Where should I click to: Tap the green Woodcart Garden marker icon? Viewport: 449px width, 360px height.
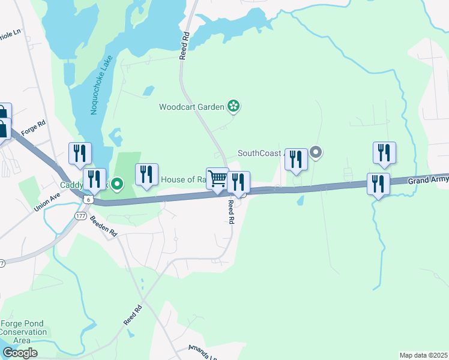tap(234, 107)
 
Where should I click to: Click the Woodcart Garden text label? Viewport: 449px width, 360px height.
tap(191, 107)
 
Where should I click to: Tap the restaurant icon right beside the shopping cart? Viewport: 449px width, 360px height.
tap(238, 182)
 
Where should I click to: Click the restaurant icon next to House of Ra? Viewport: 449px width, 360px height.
tap(146, 175)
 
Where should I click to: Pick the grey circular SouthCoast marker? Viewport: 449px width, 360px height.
tap(316, 152)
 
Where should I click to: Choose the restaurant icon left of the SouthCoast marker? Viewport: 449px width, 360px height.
tap(296, 160)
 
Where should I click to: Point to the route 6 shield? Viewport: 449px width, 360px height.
tap(88, 199)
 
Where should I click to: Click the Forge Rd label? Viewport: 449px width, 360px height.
tap(33, 128)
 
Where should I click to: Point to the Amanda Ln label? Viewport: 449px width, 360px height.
tap(201, 352)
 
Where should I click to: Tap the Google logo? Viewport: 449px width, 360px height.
tap(20, 353)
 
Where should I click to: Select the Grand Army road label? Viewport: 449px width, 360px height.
tap(428, 179)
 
